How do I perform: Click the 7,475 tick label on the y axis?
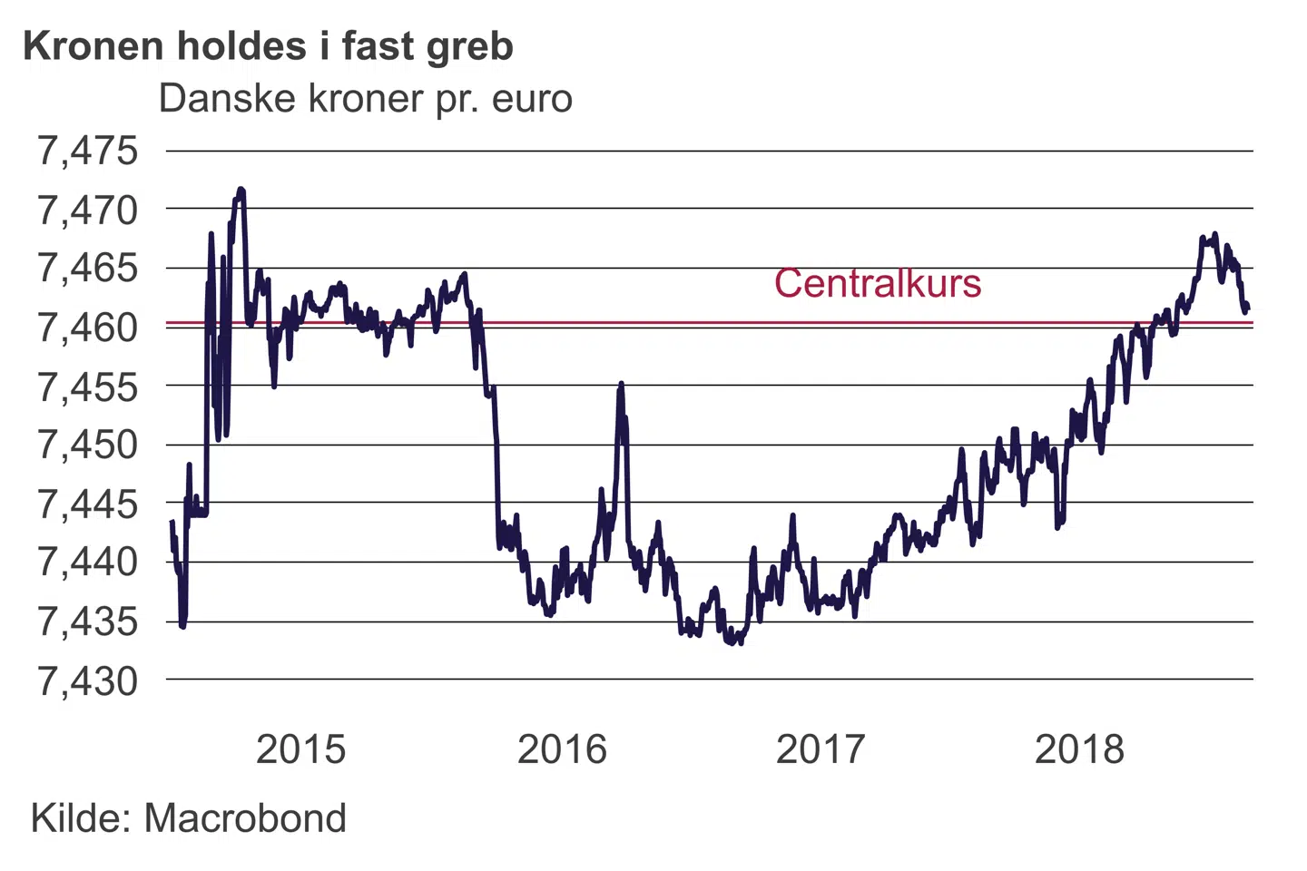coord(87,151)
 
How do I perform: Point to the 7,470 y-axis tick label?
coord(87,210)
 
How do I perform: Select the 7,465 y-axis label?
coord(87,269)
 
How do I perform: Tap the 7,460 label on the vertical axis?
coord(87,328)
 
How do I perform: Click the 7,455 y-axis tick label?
coord(87,387)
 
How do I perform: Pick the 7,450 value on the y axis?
coord(87,445)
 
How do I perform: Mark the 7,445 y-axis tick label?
coord(87,504)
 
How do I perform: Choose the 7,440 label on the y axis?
coord(87,563)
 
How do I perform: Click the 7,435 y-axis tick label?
coord(87,621)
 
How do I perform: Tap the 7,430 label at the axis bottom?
coord(87,680)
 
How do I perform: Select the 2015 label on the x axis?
coord(300,749)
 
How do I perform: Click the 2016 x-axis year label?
coord(562,749)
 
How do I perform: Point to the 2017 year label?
coord(821,749)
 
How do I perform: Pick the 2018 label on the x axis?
coord(1079,749)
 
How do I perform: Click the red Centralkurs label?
coord(877,283)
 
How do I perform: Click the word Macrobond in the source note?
coord(245,818)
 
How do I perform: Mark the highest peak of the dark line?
coord(241,190)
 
